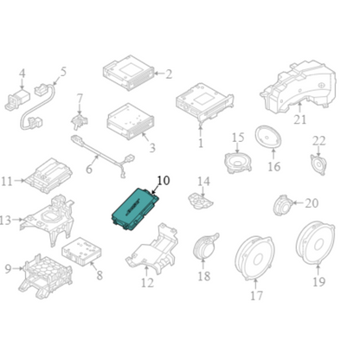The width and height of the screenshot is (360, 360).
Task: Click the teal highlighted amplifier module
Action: [x=135, y=209]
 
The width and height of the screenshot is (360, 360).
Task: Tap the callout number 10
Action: [x=164, y=181]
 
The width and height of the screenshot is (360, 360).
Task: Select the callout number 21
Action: [x=299, y=119]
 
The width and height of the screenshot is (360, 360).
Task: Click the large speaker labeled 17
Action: [x=254, y=258]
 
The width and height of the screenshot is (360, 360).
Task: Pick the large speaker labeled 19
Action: [x=316, y=243]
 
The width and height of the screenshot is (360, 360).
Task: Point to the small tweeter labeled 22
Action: [x=318, y=165]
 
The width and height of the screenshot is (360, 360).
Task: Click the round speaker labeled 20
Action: [x=282, y=205]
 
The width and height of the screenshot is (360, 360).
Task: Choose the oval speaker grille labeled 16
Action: [x=268, y=137]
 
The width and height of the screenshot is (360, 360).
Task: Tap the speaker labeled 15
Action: [x=238, y=163]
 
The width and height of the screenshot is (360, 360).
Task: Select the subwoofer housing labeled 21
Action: [x=299, y=87]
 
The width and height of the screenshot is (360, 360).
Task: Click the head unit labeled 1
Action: [x=204, y=103]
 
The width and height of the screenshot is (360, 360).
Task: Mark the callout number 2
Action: [x=169, y=74]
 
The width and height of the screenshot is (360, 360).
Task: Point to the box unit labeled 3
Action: [x=131, y=120]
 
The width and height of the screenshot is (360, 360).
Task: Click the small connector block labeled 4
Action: [x=17, y=99]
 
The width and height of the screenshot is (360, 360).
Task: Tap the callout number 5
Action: [x=63, y=72]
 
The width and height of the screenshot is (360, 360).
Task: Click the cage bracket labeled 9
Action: [x=45, y=276]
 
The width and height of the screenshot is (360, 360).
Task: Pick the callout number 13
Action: [x=5, y=221]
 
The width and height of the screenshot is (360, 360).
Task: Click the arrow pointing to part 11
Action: [x=20, y=181]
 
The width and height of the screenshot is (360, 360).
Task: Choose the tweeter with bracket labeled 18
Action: [x=205, y=246]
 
